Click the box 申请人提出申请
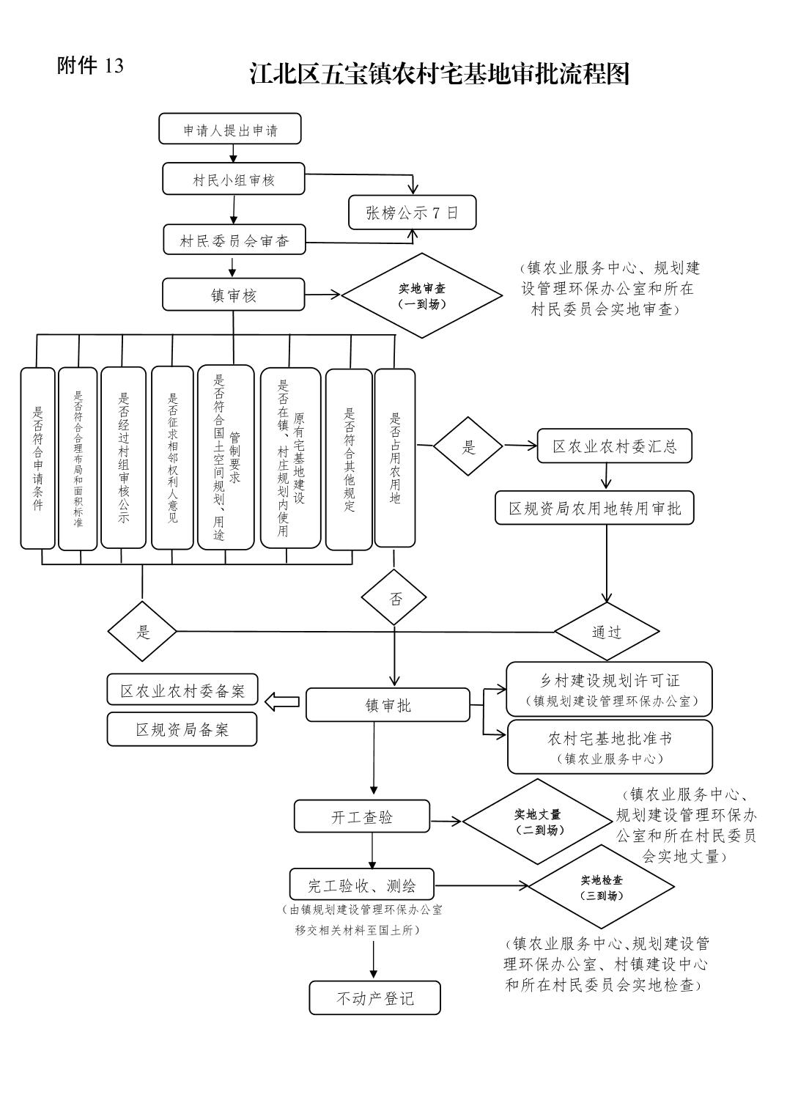[230, 129]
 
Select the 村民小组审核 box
[234, 179]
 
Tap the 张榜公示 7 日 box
[412, 213]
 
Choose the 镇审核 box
[234, 295]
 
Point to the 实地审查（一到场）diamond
[421, 296]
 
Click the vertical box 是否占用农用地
[395, 458]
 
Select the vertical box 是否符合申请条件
[37, 458]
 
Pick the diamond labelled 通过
[607, 631]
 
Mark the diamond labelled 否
[395, 598]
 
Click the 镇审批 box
[388, 705]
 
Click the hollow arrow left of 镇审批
[281, 702]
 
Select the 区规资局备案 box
[182, 729]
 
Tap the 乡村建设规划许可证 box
[609, 689]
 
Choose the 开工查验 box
[362, 816]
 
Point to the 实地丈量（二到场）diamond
[537, 822]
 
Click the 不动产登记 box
[374, 997]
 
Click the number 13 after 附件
[114, 66]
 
